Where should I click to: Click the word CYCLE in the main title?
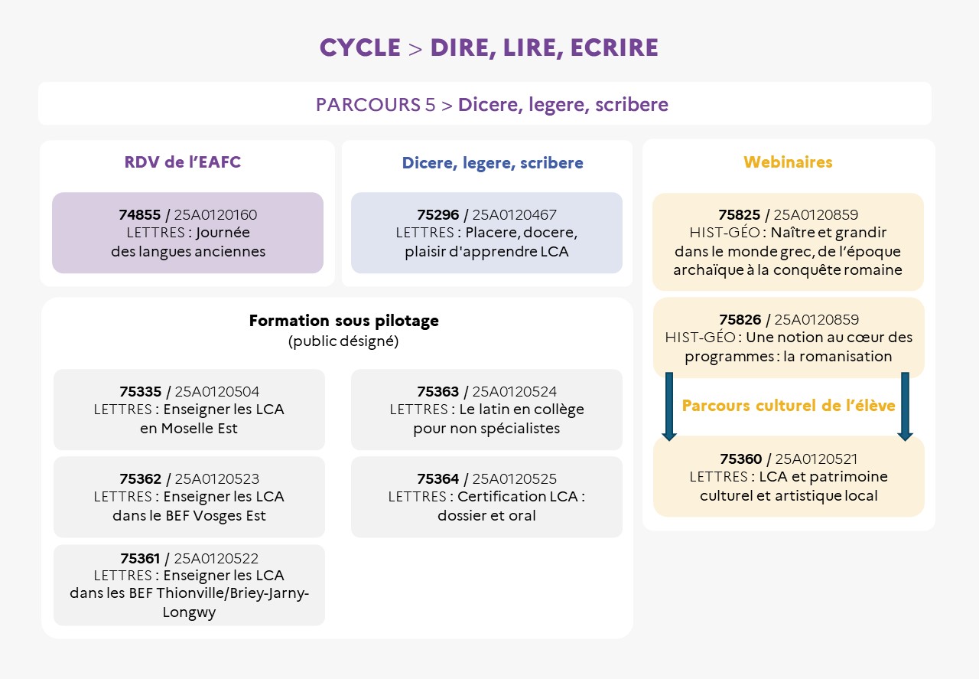pyautogui.click(x=359, y=47)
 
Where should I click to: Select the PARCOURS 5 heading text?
pyautogui.click(x=492, y=104)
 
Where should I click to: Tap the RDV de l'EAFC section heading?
pyautogui.click(x=183, y=162)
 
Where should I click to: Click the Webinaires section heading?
pyautogui.click(x=788, y=162)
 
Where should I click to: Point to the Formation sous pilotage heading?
pyautogui.click(x=343, y=321)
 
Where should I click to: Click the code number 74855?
pyautogui.click(x=140, y=215)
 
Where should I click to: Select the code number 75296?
pyautogui.click(x=438, y=215)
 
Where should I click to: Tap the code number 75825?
pyautogui.click(x=740, y=215)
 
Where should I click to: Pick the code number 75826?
pyautogui.click(x=740, y=320)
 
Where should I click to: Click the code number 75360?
pyautogui.click(x=741, y=459)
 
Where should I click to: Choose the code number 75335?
pyautogui.click(x=141, y=392)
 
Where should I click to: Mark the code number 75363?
pyautogui.click(x=438, y=392)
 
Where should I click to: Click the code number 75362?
pyautogui.click(x=141, y=479)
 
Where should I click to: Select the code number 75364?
pyautogui.click(x=438, y=479)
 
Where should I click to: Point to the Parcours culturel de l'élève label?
pyautogui.click(x=788, y=406)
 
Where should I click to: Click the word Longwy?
pyautogui.click(x=189, y=612)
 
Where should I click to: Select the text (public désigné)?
pyautogui.click(x=343, y=341)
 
